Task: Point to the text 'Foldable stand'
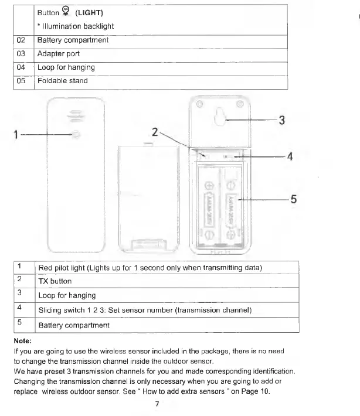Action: [62, 81]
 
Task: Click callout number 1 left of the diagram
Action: [16, 135]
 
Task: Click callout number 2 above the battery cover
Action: [154, 132]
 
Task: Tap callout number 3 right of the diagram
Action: [281, 120]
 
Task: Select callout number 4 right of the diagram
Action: [289, 157]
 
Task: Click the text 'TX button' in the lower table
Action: [55, 281]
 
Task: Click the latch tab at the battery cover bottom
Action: [146, 243]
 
